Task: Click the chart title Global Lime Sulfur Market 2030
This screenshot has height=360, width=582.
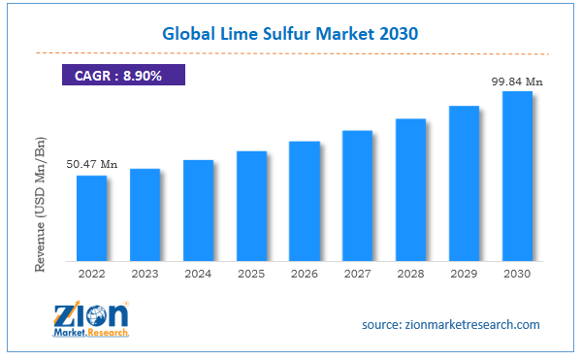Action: pyautogui.click(x=290, y=31)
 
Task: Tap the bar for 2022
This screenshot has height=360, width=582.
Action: pyautogui.click(x=92, y=218)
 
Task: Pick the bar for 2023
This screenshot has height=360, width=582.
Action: pyautogui.click(x=145, y=214)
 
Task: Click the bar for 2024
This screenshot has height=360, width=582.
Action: pyautogui.click(x=198, y=211)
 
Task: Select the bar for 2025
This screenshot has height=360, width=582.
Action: pyautogui.click(x=251, y=206)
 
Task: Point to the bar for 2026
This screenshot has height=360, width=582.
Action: pyautogui.click(x=305, y=201)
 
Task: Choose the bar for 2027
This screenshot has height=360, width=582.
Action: pyautogui.click(x=357, y=195)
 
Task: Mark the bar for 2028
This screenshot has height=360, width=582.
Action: pyautogui.click(x=410, y=189)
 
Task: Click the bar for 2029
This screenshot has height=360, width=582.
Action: pyautogui.click(x=464, y=183)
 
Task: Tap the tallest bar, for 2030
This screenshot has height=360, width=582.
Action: pyautogui.click(x=516, y=176)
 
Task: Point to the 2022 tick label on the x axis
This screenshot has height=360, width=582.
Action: pyautogui.click(x=92, y=275)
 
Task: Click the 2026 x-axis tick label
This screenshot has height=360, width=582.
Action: pyautogui.click(x=305, y=275)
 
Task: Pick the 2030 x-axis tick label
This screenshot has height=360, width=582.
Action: pyautogui.click(x=516, y=275)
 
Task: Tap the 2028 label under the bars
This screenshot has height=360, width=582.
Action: pyautogui.click(x=410, y=275)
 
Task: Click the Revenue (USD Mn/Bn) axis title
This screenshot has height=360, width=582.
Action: pyautogui.click(x=41, y=205)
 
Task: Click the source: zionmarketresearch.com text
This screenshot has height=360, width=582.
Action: pyautogui.click(x=450, y=324)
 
